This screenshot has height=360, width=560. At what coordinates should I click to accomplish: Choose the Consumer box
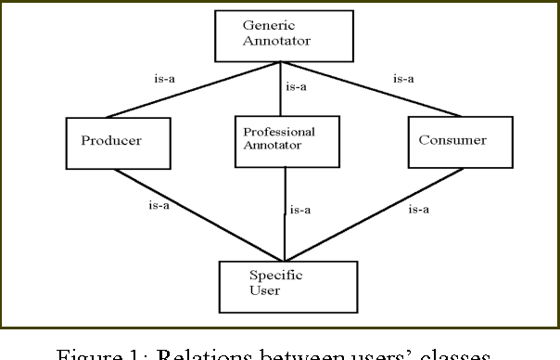[446, 140]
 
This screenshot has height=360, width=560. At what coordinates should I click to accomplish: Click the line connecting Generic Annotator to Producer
[192, 91]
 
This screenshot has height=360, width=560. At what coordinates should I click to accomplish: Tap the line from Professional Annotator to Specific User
[286, 213]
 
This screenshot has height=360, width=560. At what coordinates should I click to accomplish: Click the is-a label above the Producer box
[165, 79]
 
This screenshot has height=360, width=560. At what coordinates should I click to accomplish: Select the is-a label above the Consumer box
[403, 79]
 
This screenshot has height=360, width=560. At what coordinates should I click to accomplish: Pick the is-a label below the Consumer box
[419, 209]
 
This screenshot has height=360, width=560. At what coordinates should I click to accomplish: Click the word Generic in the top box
[269, 25]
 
